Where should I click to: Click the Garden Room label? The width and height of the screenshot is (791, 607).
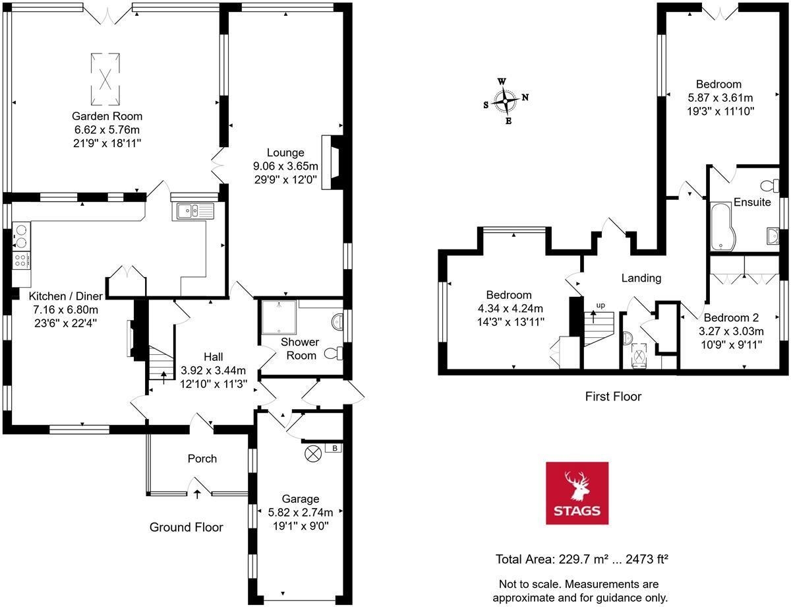[x=108, y=116]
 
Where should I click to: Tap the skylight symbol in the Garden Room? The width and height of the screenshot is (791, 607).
[x=105, y=79]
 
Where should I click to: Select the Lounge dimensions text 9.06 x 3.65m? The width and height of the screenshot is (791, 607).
[x=285, y=166]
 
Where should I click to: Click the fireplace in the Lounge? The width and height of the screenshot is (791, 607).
[x=332, y=162]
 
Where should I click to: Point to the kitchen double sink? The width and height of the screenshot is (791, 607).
[x=195, y=211]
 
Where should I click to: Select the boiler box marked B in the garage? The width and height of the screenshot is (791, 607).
[x=335, y=449]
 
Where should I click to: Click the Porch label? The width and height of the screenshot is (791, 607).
[x=202, y=459]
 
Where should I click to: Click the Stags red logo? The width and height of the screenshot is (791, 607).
[x=577, y=492]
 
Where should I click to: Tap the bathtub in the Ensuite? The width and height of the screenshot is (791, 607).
[x=724, y=228]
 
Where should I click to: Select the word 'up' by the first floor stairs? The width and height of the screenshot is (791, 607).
[x=600, y=305]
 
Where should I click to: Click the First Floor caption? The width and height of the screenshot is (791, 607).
[x=613, y=397]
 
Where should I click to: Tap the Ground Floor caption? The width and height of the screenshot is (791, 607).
[x=186, y=527]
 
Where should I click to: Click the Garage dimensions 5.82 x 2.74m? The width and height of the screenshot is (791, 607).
[x=301, y=512]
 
